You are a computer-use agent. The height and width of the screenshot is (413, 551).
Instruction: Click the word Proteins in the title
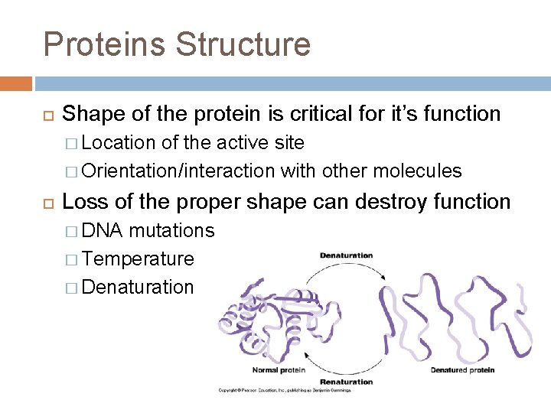[x=104, y=44]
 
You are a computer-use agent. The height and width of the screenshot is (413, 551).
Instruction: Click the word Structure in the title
[x=243, y=44]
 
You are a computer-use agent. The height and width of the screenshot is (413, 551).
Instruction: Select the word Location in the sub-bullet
[x=116, y=142]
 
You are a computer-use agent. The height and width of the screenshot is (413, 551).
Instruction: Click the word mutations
[x=172, y=230]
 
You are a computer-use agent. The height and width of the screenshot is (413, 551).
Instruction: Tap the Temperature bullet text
[x=138, y=259]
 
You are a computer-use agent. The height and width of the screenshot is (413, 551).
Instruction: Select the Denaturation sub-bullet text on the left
[x=138, y=287]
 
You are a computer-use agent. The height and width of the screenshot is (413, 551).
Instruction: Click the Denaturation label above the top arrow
[x=346, y=255]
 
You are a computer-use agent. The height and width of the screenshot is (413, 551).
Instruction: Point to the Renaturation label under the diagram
[x=346, y=381]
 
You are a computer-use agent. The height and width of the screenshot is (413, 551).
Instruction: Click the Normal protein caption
[x=279, y=370]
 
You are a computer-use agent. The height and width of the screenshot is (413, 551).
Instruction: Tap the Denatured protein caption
[x=462, y=370]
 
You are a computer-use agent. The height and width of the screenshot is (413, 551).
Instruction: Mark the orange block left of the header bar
[x=15, y=83]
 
